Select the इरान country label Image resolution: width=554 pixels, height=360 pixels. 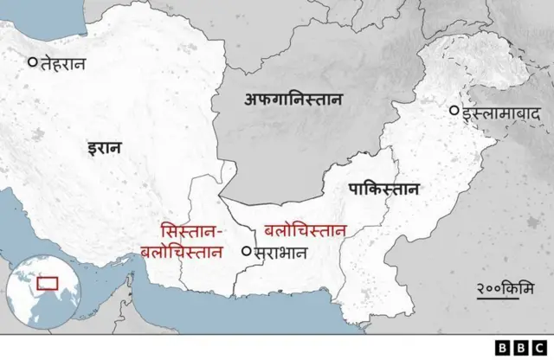tap(104, 148)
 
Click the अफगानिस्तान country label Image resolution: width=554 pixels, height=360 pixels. tap(293, 100)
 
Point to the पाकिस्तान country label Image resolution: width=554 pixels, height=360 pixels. tap(383, 190)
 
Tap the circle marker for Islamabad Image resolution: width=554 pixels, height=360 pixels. tap(454, 111)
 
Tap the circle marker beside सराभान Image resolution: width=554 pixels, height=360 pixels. tap(247, 252)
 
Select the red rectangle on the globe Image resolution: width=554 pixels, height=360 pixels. tap(47, 282)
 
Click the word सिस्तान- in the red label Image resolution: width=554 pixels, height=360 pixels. tap(192, 232)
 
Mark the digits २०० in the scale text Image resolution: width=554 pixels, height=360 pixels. tap(493, 287)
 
